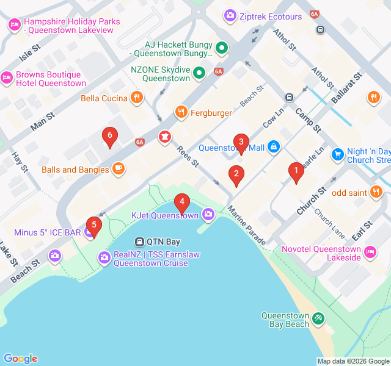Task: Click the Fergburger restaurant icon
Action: pos(181,112)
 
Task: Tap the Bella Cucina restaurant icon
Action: pos(137,98)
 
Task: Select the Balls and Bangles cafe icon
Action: pos(118,169)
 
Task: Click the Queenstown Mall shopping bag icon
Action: pos(274,147)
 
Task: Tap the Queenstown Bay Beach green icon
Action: pos(318,318)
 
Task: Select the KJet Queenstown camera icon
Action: pos(208,214)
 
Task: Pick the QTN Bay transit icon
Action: pos(140,242)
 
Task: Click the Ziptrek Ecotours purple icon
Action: pos(230,15)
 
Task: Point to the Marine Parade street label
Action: pos(247,225)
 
